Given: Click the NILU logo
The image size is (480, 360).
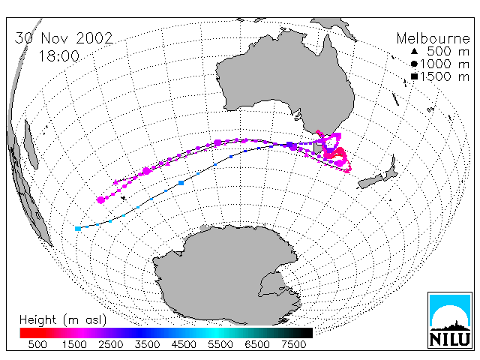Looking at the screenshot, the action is click(x=450, y=320).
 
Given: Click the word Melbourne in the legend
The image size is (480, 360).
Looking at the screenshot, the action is click(x=433, y=38).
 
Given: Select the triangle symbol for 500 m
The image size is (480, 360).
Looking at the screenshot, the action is click(x=414, y=51).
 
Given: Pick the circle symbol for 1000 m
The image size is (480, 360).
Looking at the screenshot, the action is click(x=414, y=64).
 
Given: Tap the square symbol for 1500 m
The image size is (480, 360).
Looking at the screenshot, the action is click(x=414, y=76).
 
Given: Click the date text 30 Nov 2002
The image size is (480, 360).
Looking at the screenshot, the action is click(x=64, y=38).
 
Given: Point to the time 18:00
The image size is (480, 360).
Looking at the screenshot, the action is click(x=58, y=56).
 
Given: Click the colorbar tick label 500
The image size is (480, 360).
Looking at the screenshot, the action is click(x=37, y=344).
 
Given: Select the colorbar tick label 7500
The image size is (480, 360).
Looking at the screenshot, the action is click(x=293, y=344).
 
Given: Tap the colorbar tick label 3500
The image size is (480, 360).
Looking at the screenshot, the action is click(x=147, y=344).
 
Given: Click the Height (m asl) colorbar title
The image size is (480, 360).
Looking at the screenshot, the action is click(x=63, y=320).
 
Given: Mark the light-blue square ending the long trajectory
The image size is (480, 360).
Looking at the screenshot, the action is click(x=78, y=229).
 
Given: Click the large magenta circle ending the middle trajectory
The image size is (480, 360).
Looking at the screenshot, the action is click(x=100, y=200).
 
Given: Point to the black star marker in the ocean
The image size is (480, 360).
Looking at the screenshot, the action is click(x=124, y=198).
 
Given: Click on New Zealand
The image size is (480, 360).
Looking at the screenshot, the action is click(x=378, y=175).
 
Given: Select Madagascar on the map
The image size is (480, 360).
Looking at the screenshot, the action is click(x=31, y=144).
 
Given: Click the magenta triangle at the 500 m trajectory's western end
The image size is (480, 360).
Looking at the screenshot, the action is click(x=115, y=182).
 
